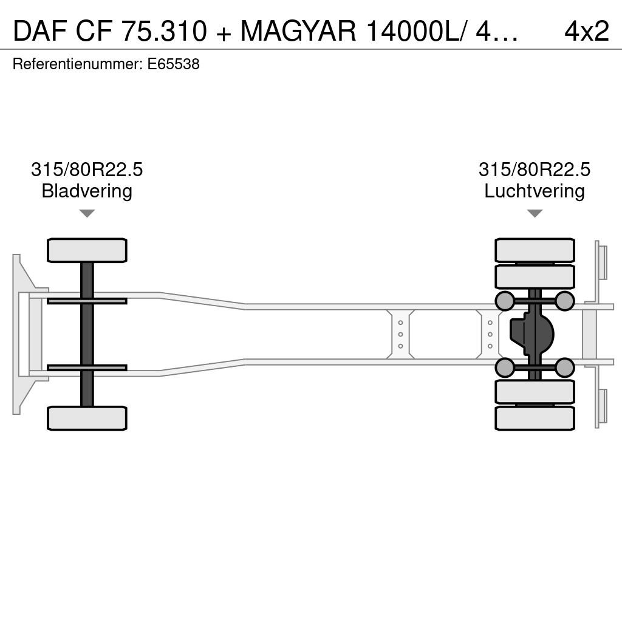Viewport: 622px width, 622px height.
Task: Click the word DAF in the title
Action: click(40, 31)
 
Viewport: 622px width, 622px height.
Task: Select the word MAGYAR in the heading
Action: click(298, 31)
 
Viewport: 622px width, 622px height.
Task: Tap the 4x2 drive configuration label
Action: click(587, 31)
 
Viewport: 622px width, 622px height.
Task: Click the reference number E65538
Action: click(173, 64)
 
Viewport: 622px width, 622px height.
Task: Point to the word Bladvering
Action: click(87, 191)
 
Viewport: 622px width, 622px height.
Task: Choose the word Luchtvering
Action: click(535, 191)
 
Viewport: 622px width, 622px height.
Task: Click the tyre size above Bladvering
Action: click(87, 169)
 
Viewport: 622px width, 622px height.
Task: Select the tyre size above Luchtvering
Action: click(535, 169)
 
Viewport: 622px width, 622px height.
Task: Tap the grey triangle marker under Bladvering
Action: click(87, 213)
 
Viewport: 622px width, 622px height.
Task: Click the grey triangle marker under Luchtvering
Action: click(535, 213)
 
